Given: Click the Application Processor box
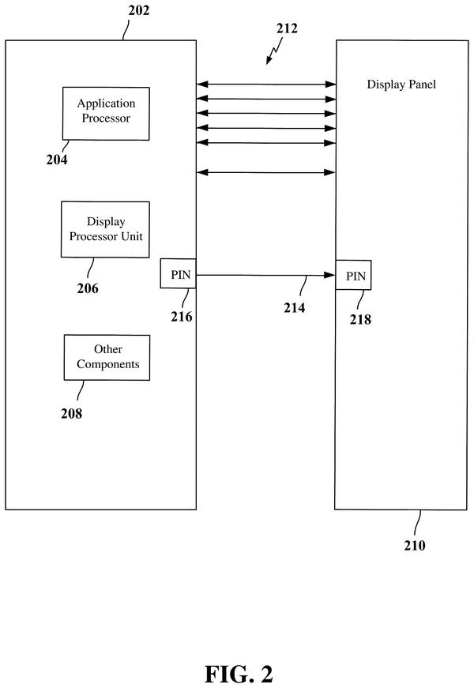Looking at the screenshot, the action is pos(106,114).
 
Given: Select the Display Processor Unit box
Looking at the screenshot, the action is pos(105,230).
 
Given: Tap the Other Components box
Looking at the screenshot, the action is pos(107,358).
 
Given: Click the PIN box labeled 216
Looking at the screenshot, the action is pos(178,273).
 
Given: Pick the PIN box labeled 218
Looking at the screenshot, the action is pos(353,275).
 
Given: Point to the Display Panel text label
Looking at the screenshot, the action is pos(401,85).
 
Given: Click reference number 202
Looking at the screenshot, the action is pos(139,10).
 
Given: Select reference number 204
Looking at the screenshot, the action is pos(57,160).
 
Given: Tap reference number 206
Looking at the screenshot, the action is pos(88,288).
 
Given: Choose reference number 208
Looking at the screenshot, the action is pos(72,413).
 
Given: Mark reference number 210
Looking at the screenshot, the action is pos(415,545).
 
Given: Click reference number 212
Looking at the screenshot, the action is pos(287,28).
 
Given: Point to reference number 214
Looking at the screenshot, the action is pos(295,308).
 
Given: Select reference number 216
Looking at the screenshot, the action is pos(182,317).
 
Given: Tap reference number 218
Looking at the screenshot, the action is pos(360,319).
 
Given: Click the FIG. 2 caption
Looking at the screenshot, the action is pos(239,674).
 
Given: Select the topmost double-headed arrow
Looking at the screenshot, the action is pos(266,85).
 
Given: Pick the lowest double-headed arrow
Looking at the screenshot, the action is pos(266,172).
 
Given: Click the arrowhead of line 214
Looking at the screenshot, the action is pos(329,275).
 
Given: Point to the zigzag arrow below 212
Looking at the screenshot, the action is pos(274,51).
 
